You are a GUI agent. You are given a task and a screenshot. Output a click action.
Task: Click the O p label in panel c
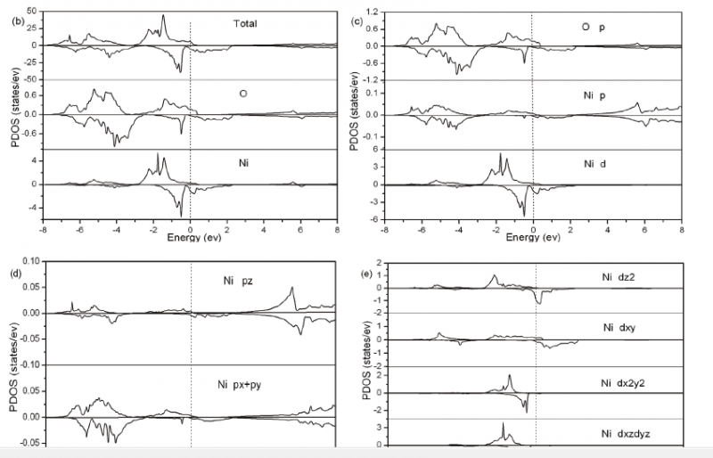pos(594,28)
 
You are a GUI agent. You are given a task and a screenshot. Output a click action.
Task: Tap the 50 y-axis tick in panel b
pos(32,11)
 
